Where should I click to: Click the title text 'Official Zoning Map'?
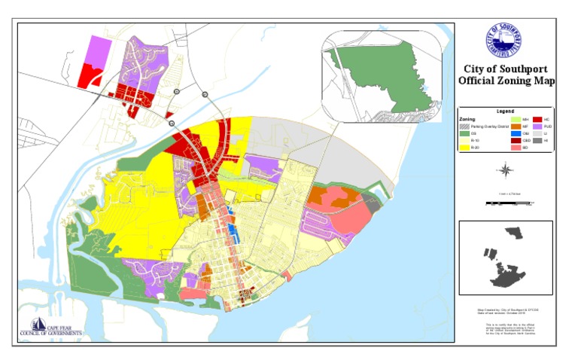pos(507,81)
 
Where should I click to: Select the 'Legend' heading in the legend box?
pos(506,111)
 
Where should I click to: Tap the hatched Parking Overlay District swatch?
pos(464,127)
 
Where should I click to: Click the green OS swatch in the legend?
pos(464,133)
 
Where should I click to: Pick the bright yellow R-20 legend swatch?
pos(464,148)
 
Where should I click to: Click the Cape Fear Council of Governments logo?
pos(52,328)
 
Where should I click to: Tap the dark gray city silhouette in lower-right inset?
pos(507,260)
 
